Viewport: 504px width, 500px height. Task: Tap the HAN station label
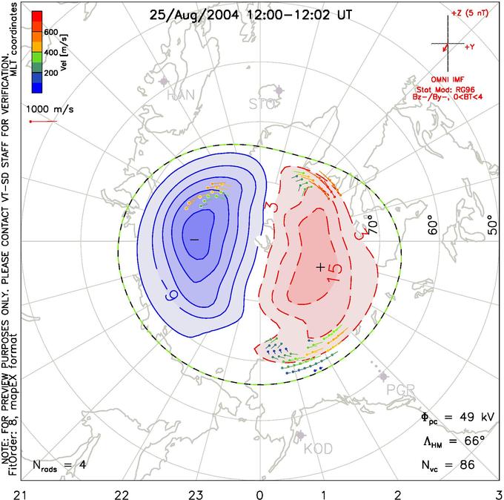click(181, 95)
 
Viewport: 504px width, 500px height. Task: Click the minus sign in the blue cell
click(194, 240)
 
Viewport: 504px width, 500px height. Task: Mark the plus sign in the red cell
click(319, 267)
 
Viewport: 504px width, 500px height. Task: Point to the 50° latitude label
click(489, 223)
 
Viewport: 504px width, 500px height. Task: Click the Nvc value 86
click(468, 465)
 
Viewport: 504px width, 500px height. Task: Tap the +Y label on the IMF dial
click(470, 46)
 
